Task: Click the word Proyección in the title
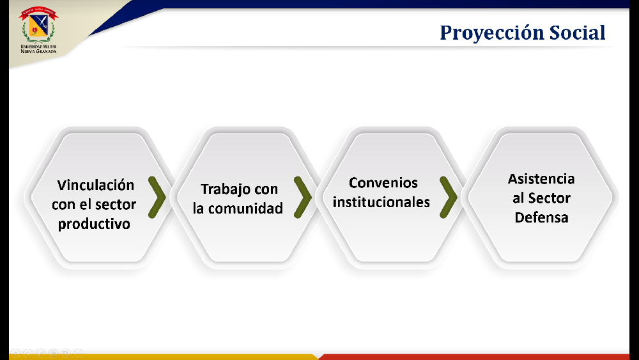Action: pos(491,33)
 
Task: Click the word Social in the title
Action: pos(577,32)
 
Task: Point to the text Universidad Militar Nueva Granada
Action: pos(39,49)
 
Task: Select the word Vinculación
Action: pos(96,185)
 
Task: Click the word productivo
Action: pos(94,224)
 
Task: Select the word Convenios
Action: pos(383,183)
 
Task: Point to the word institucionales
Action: pos(381,202)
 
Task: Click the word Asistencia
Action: pos(541,178)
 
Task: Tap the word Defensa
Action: pos(542,217)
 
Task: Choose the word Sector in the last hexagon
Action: pos(550,198)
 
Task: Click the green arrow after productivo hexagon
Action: pos(157,198)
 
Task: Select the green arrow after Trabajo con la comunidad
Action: pos(303,198)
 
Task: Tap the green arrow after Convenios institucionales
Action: pos(449,198)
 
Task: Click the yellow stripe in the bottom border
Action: pos(163,357)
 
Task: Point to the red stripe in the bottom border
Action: pos(475,357)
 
